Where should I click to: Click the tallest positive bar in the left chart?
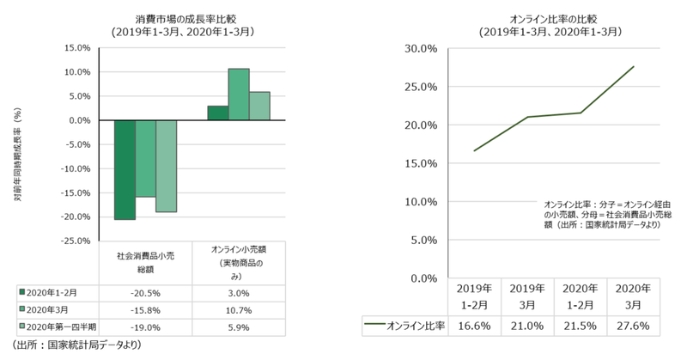[x=239, y=94]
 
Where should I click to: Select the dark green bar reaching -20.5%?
[x=125, y=169]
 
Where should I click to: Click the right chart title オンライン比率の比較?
[x=538, y=18]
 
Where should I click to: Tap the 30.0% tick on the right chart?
[x=422, y=48]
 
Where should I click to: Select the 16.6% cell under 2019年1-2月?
[x=475, y=326]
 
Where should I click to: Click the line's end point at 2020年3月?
[x=634, y=66]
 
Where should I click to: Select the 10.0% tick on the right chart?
[x=422, y=202]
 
